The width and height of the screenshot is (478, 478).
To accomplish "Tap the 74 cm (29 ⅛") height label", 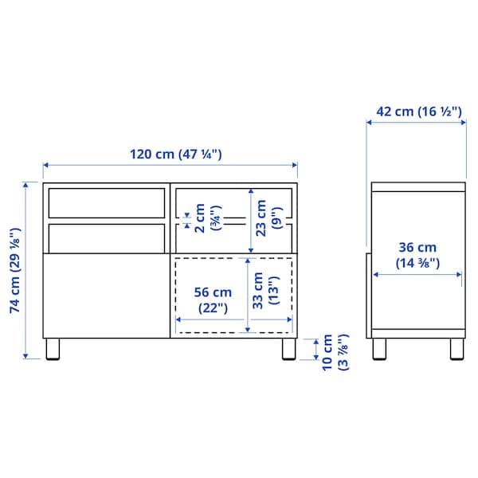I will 14,271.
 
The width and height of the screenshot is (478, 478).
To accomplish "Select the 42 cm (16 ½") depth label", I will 418,112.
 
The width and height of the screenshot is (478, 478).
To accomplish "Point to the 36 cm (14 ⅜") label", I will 418,255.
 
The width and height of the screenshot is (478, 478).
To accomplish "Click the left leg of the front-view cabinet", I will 53,350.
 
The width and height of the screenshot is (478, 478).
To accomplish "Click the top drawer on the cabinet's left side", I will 105,202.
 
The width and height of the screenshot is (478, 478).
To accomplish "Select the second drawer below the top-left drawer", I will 105,237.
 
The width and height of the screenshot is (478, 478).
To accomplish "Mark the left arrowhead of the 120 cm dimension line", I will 46,165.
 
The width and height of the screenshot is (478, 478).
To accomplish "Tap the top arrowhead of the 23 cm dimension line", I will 250,191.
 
